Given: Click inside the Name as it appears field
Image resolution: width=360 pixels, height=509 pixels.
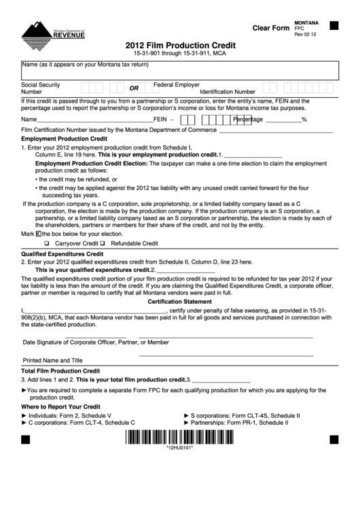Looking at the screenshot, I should pyautogui.click(x=180, y=71).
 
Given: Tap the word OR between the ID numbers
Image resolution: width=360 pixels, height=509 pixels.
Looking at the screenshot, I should pyautogui.click(x=134, y=88).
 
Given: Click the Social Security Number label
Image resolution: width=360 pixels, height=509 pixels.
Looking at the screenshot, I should pyautogui.click(x=41, y=88).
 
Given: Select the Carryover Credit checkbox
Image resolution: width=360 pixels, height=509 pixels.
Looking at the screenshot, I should pyautogui.click(x=47, y=243).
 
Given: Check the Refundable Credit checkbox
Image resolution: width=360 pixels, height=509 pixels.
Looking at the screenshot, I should pyautogui.click(x=103, y=243).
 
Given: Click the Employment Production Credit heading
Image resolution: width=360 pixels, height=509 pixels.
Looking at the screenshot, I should pyautogui.click(x=64, y=138).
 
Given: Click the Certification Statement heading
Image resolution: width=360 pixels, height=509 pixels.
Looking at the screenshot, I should pyautogui.click(x=180, y=301).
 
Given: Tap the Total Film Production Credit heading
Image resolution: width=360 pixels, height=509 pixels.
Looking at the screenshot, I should pyautogui.click(x=60, y=371).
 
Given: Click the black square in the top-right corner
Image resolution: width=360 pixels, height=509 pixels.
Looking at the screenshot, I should pyautogui.click(x=333, y=26).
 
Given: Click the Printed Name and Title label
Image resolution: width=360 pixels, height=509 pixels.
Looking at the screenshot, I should pyautogui.click(x=53, y=360).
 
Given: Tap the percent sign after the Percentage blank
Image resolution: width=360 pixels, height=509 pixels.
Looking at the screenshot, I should pyautogui.click(x=304, y=119).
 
